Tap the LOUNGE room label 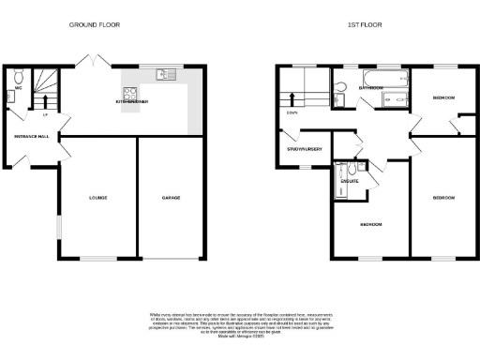tap(98, 198)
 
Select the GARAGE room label tap(170, 198)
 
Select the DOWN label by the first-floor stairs tap(292, 115)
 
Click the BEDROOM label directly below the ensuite tap(371, 225)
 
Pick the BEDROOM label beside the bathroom tap(442, 97)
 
